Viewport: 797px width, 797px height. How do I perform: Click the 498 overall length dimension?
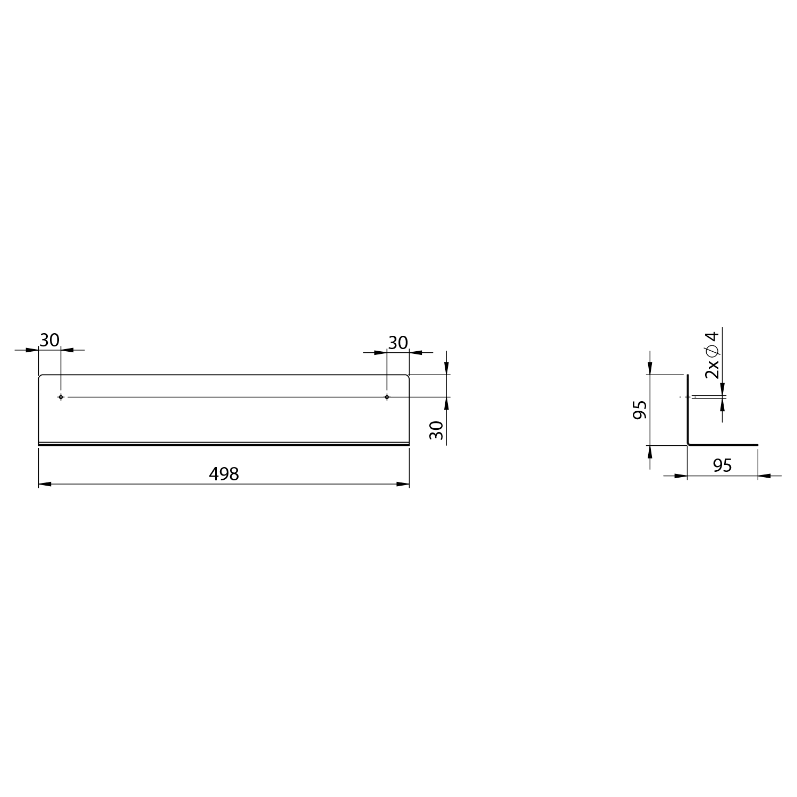click(224, 474)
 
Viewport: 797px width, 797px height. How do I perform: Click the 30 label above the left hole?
click(49, 340)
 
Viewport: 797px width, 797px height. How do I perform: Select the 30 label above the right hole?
click(398, 343)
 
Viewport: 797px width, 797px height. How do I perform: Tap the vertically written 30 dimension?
click(436, 430)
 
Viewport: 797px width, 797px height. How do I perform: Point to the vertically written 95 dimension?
click(640, 410)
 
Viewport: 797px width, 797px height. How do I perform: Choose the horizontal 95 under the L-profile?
click(723, 465)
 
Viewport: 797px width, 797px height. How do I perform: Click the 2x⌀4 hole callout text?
click(711, 354)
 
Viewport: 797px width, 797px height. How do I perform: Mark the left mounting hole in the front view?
click(61, 397)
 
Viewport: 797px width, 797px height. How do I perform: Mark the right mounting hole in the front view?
click(387, 397)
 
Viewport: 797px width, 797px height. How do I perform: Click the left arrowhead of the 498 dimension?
click(45, 484)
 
